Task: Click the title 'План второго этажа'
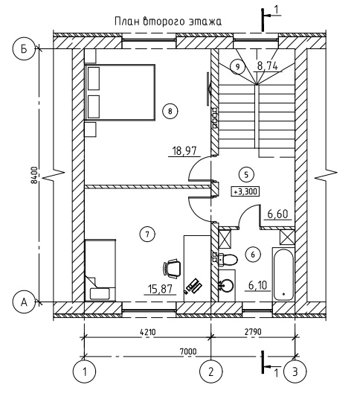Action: [168, 22]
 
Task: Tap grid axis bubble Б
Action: [24, 49]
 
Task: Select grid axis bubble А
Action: [24, 302]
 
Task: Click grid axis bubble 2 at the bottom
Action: [211, 371]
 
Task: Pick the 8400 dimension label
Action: [34, 175]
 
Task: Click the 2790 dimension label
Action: [253, 331]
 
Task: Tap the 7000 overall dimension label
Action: [188, 351]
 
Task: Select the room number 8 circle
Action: [170, 111]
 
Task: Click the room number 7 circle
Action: [147, 235]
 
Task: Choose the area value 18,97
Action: [184, 150]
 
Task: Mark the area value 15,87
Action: [160, 289]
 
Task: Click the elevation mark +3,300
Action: [245, 191]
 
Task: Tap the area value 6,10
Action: [258, 285]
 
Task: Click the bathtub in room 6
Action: [283, 274]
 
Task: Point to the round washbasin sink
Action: [227, 286]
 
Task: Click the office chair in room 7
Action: [172, 269]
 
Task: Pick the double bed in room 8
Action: [120, 92]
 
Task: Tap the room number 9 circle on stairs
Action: [238, 67]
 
